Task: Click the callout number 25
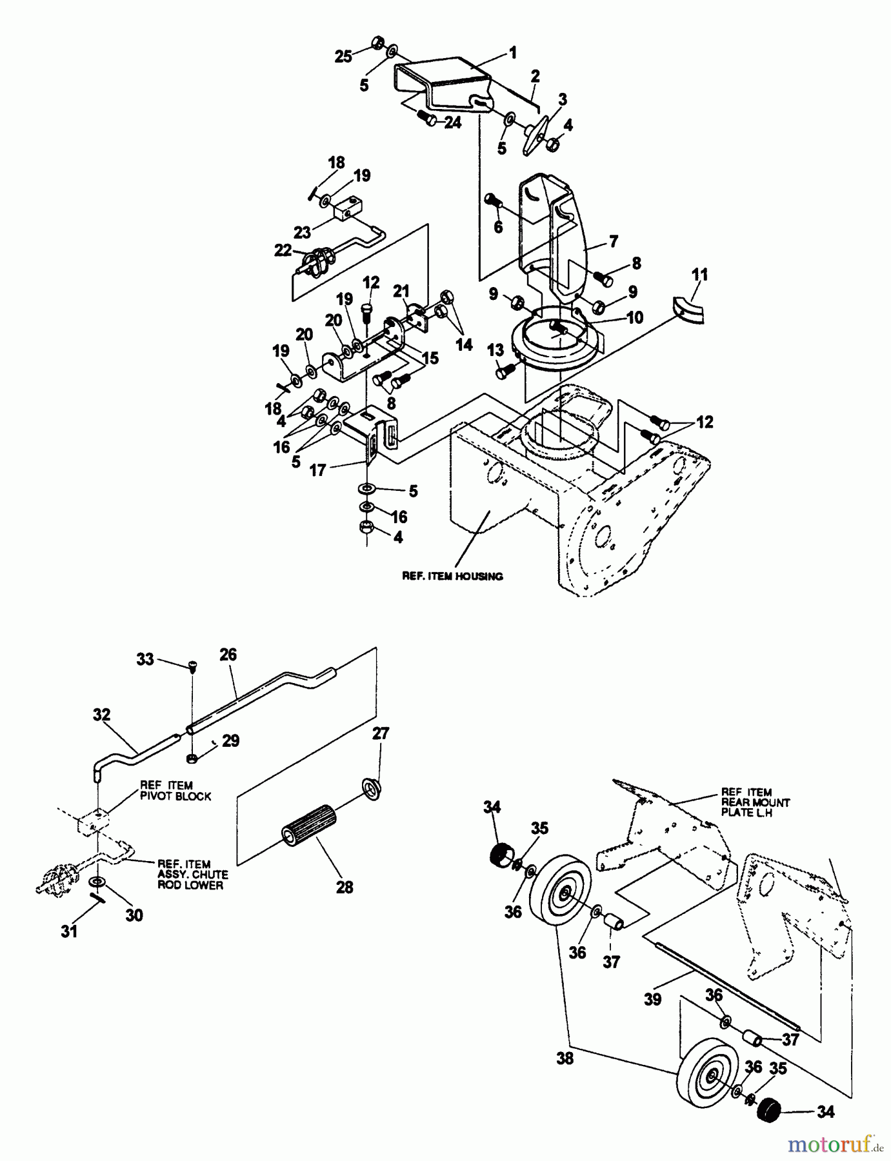tap(343, 57)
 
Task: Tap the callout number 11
tap(699, 275)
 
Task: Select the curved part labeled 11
tap(689, 309)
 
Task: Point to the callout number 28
tap(345, 888)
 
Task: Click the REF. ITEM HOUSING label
tap(452, 576)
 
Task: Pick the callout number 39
tap(653, 999)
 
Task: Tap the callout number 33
tap(145, 659)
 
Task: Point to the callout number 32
tap(101, 715)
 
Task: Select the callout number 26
tap(228, 655)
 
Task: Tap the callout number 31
tap(69, 931)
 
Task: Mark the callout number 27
tap(381, 733)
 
